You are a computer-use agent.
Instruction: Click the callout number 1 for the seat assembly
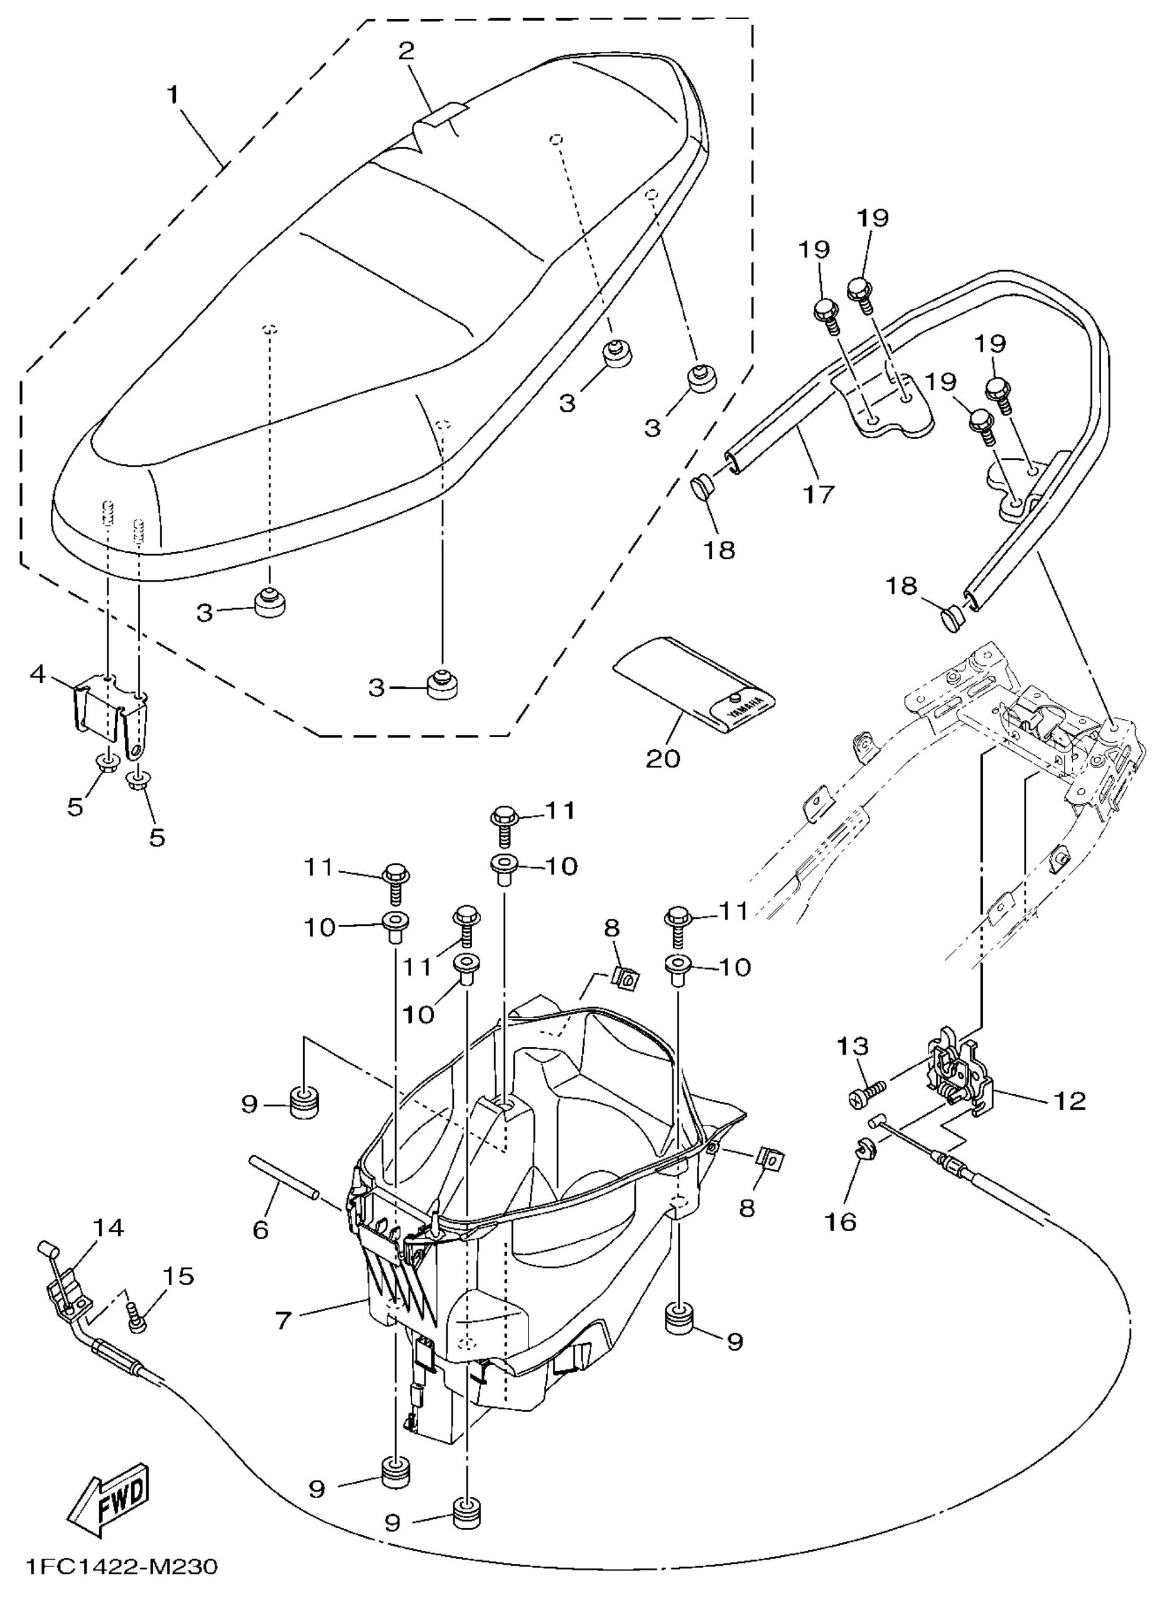172,94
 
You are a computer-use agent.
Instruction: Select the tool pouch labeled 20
695,683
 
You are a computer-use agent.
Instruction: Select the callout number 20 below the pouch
663,759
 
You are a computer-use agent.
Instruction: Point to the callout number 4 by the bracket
39,673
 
